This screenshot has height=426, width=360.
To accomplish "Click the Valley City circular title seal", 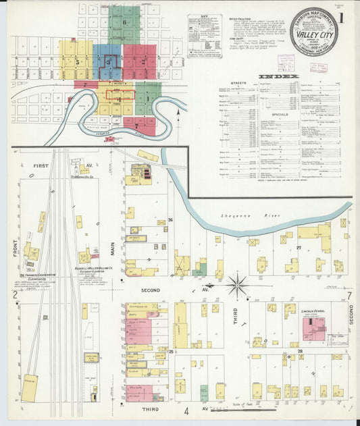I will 314,31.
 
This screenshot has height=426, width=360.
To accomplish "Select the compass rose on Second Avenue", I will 238,285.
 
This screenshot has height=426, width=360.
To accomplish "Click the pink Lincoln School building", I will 313,328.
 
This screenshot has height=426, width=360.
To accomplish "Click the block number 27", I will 298,248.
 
